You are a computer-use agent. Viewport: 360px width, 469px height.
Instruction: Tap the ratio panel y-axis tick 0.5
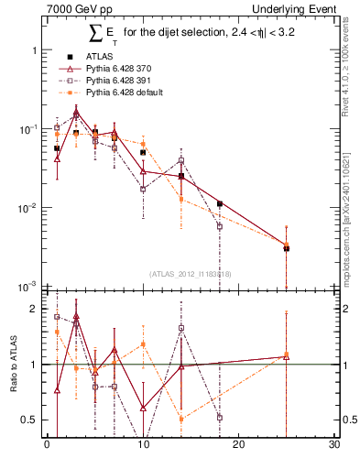[x=29, y=420]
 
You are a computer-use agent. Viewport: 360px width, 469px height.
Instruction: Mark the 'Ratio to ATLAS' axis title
[x=12, y=364]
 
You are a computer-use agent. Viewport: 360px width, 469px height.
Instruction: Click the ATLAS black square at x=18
[x=220, y=203]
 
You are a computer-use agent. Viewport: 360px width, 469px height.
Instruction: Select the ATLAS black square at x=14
[x=181, y=176]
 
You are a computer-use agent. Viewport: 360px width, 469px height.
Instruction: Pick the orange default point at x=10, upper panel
[x=143, y=144]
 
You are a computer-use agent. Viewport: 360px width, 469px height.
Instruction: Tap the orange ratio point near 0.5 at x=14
[x=181, y=419]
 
